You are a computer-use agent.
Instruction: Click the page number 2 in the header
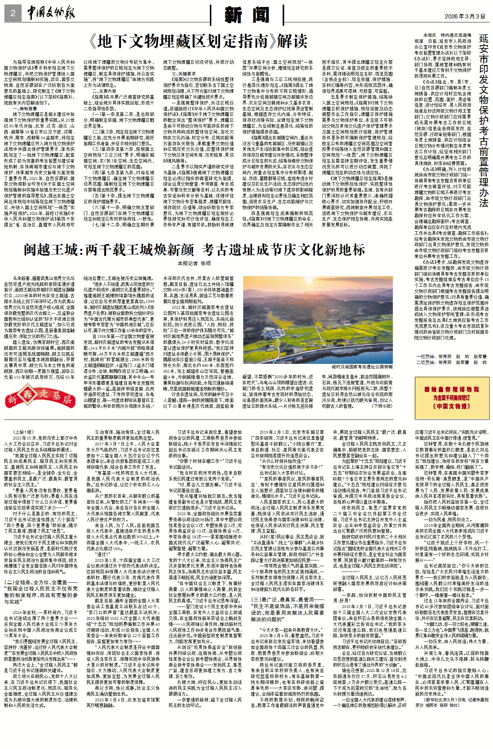coord(13,14)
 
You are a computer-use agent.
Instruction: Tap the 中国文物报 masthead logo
coord(51,14)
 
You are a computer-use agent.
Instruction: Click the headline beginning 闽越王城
coord(194,250)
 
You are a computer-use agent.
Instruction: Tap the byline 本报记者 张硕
coord(194,263)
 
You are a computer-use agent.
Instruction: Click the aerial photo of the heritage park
coord(318,319)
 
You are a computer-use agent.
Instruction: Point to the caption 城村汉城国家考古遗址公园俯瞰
coord(362,367)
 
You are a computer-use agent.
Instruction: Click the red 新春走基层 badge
coord(40,397)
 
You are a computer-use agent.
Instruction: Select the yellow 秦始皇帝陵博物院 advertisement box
coord(452,398)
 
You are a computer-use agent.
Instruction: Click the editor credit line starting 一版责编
coord(451,356)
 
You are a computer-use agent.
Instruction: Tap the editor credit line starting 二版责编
coord(451,362)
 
